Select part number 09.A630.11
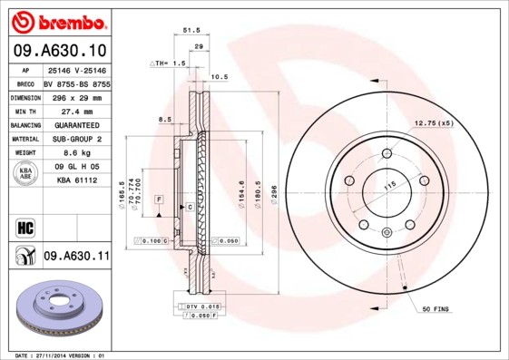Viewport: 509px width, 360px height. point(75,258)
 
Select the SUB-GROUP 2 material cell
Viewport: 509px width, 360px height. point(75,139)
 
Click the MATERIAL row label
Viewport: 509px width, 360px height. point(24,139)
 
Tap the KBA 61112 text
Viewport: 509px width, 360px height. point(75,181)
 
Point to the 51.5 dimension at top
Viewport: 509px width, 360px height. point(191,30)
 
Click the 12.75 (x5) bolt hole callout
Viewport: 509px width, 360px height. point(433,122)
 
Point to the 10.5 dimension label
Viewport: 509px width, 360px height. point(219,77)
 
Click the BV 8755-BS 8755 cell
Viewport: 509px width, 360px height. point(75,82)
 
